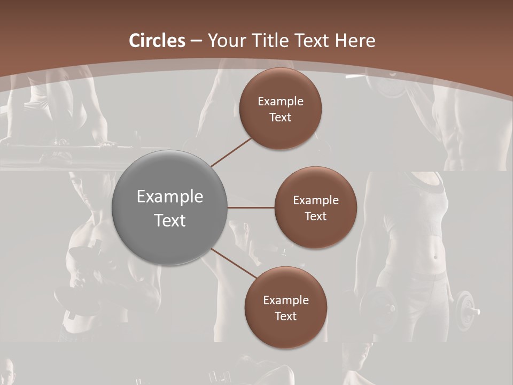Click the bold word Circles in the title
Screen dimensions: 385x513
(x=157, y=41)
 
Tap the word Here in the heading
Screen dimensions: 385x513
(x=355, y=41)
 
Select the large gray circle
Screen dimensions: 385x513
(x=170, y=207)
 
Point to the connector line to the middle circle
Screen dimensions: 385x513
(x=251, y=207)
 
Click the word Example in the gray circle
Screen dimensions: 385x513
(x=170, y=197)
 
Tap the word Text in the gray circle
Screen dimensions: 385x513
(x=170, y=220)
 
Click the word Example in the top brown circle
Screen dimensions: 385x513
(x=281, y=102)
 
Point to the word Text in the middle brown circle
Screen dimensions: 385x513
(x=315, y=217)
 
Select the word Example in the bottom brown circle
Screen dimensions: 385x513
(x=286, y=301)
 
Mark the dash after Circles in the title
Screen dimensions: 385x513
(x=196, y=41)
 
